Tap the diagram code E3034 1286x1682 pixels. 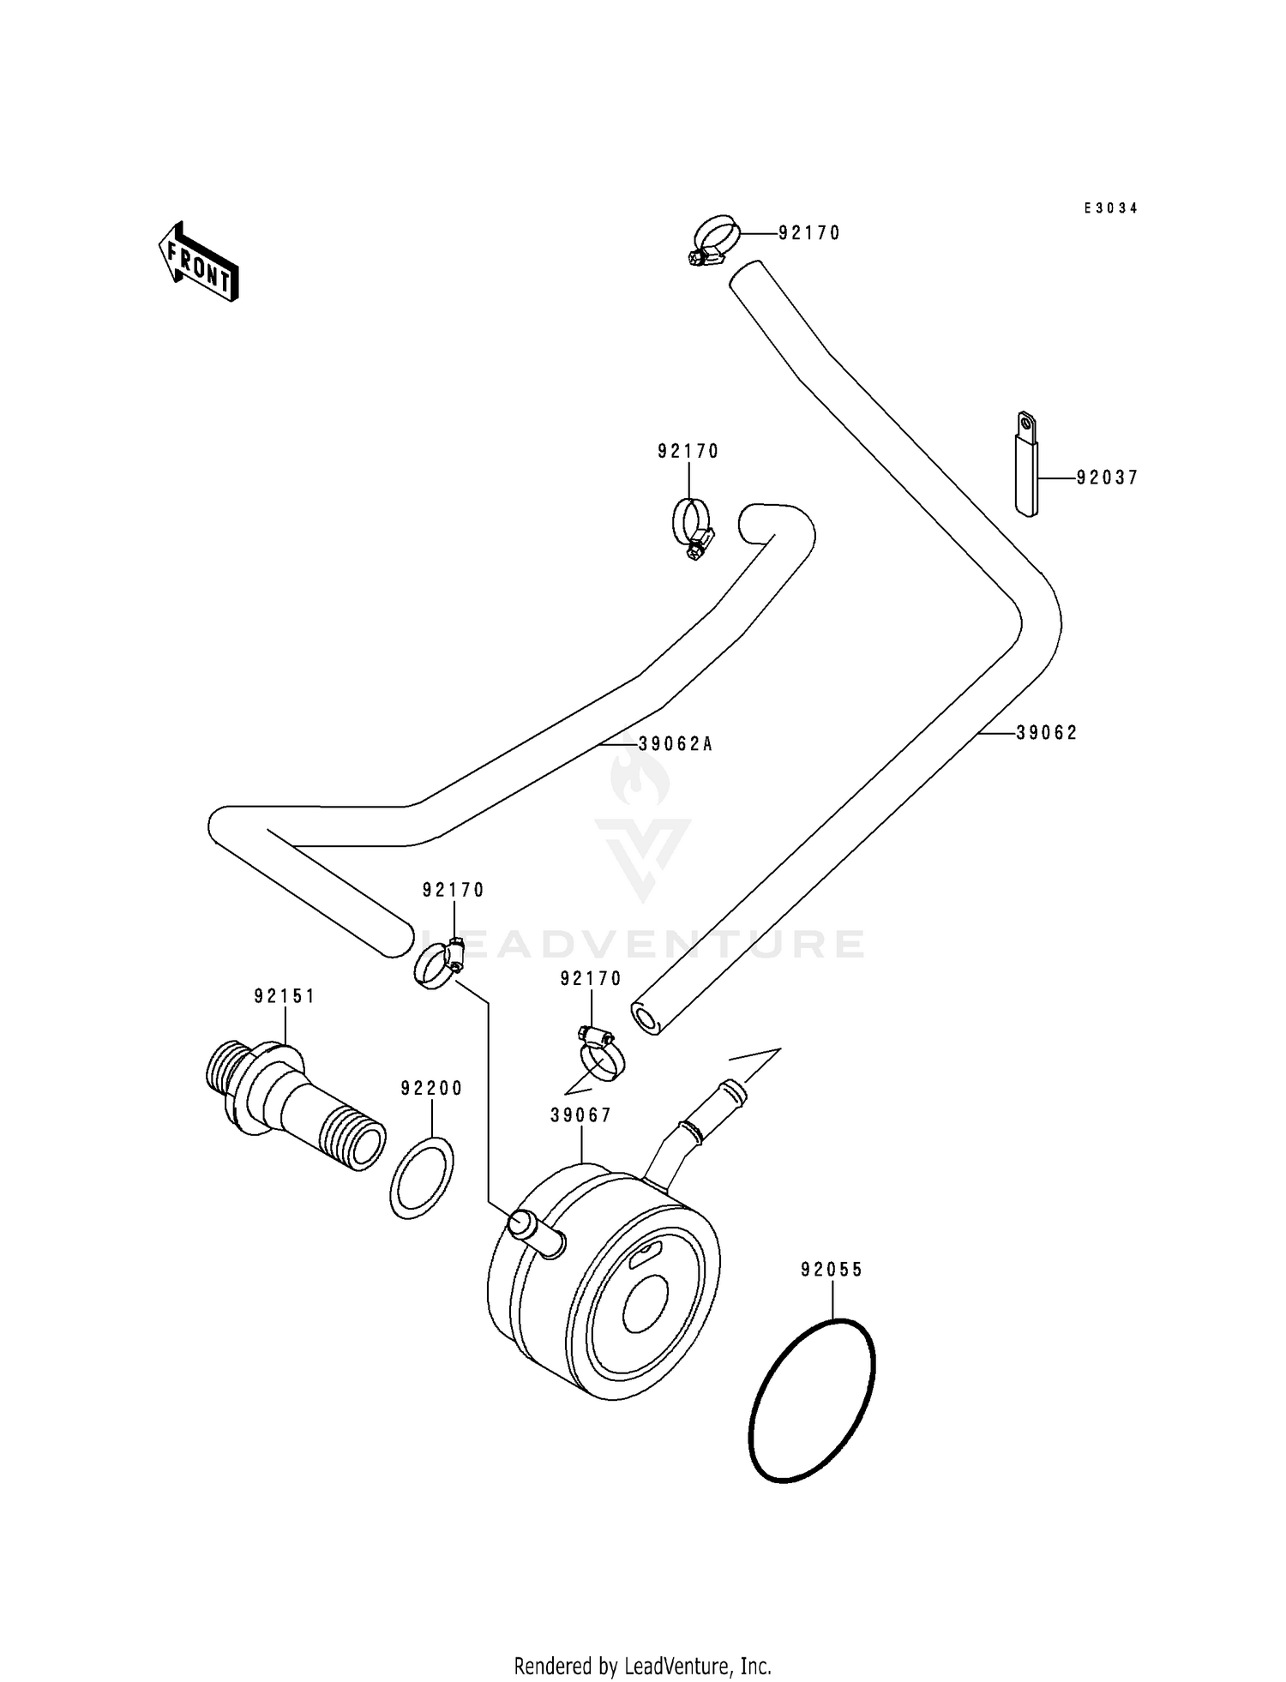coord(1110,208)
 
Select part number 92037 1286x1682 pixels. coord(1107,478)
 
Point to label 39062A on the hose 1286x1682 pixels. coord(676,744)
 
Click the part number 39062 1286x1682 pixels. coord(1046,733)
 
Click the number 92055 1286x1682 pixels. coord(832,1270)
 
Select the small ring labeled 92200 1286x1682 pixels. coord(422,1177)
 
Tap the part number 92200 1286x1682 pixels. coord(431,1089)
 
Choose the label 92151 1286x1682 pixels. coord(285,996)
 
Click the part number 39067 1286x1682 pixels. coord(581,1115)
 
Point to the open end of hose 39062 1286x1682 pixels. coord(646,1019)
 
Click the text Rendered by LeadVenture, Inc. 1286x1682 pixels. coord(642,1666)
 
